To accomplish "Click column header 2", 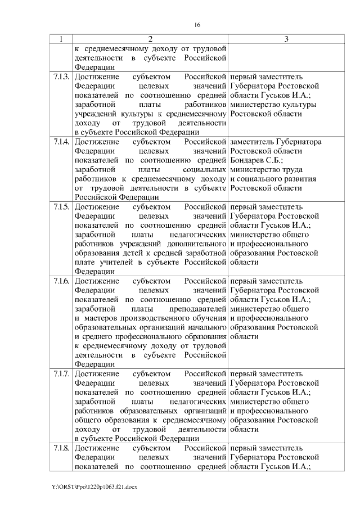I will [x=150, y=39].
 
